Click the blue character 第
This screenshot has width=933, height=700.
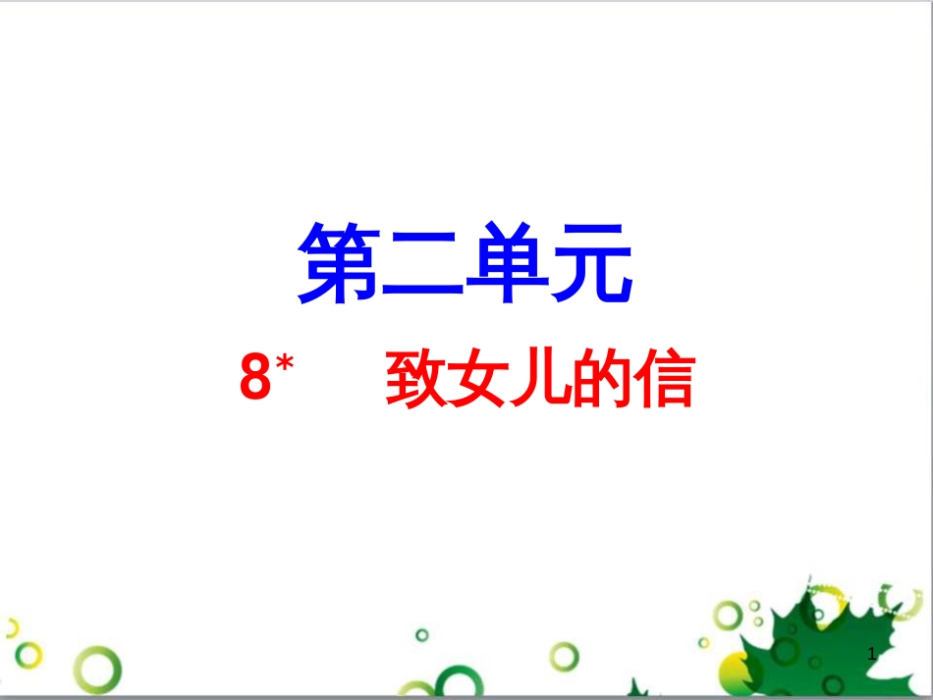(x=339, y=263)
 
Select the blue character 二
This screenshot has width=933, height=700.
(x=422, y=265)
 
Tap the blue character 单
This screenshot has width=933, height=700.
(x=507, y=262)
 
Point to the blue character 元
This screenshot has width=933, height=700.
(x=591, y=263)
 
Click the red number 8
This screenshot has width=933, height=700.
(x=255, y=376)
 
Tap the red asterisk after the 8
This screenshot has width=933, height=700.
(x=285, y=362)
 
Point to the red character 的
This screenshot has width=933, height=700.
(x=601, y=379)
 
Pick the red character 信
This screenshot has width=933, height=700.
(x=664, y=379)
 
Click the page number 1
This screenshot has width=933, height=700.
(x=872, y=654)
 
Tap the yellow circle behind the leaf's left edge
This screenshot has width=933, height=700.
(x=731, y=673)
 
